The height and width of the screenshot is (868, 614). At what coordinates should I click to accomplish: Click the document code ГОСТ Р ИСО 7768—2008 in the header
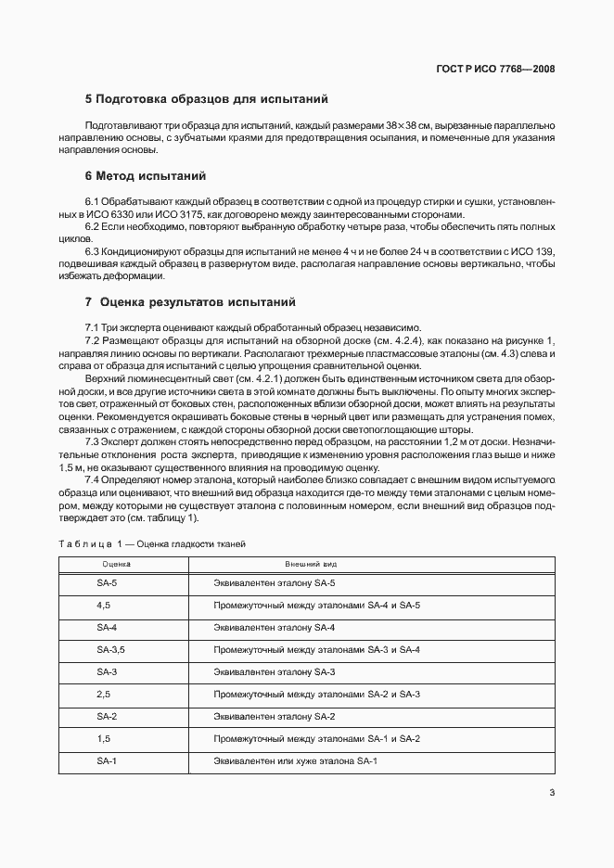pos(501,69)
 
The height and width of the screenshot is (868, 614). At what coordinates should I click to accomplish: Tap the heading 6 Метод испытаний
pos(145,175)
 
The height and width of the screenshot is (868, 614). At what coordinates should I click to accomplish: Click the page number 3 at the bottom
pos(551,792)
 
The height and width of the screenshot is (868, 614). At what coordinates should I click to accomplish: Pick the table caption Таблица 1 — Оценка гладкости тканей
pos(152,543)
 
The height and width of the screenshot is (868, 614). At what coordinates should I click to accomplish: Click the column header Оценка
pos(116,564)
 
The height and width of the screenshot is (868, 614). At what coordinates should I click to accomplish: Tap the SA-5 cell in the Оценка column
pos(107,583)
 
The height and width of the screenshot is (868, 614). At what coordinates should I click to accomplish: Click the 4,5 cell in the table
pos(103,606)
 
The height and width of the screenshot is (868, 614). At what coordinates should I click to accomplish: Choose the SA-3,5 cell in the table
pos(110,650)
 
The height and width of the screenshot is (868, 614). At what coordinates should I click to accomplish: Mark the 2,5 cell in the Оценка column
pos(103,695)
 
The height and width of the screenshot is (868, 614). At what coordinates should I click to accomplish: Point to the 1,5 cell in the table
pos(103,739)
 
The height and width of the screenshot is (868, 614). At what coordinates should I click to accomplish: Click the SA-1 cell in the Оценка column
pos(107,761)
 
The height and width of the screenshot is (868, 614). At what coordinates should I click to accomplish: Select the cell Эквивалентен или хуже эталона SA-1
pos(295,761)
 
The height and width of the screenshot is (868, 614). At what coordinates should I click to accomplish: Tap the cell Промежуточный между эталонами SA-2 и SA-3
pos(317,695)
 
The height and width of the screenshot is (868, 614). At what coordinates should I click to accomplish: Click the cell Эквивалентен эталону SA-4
pos(275,628)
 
